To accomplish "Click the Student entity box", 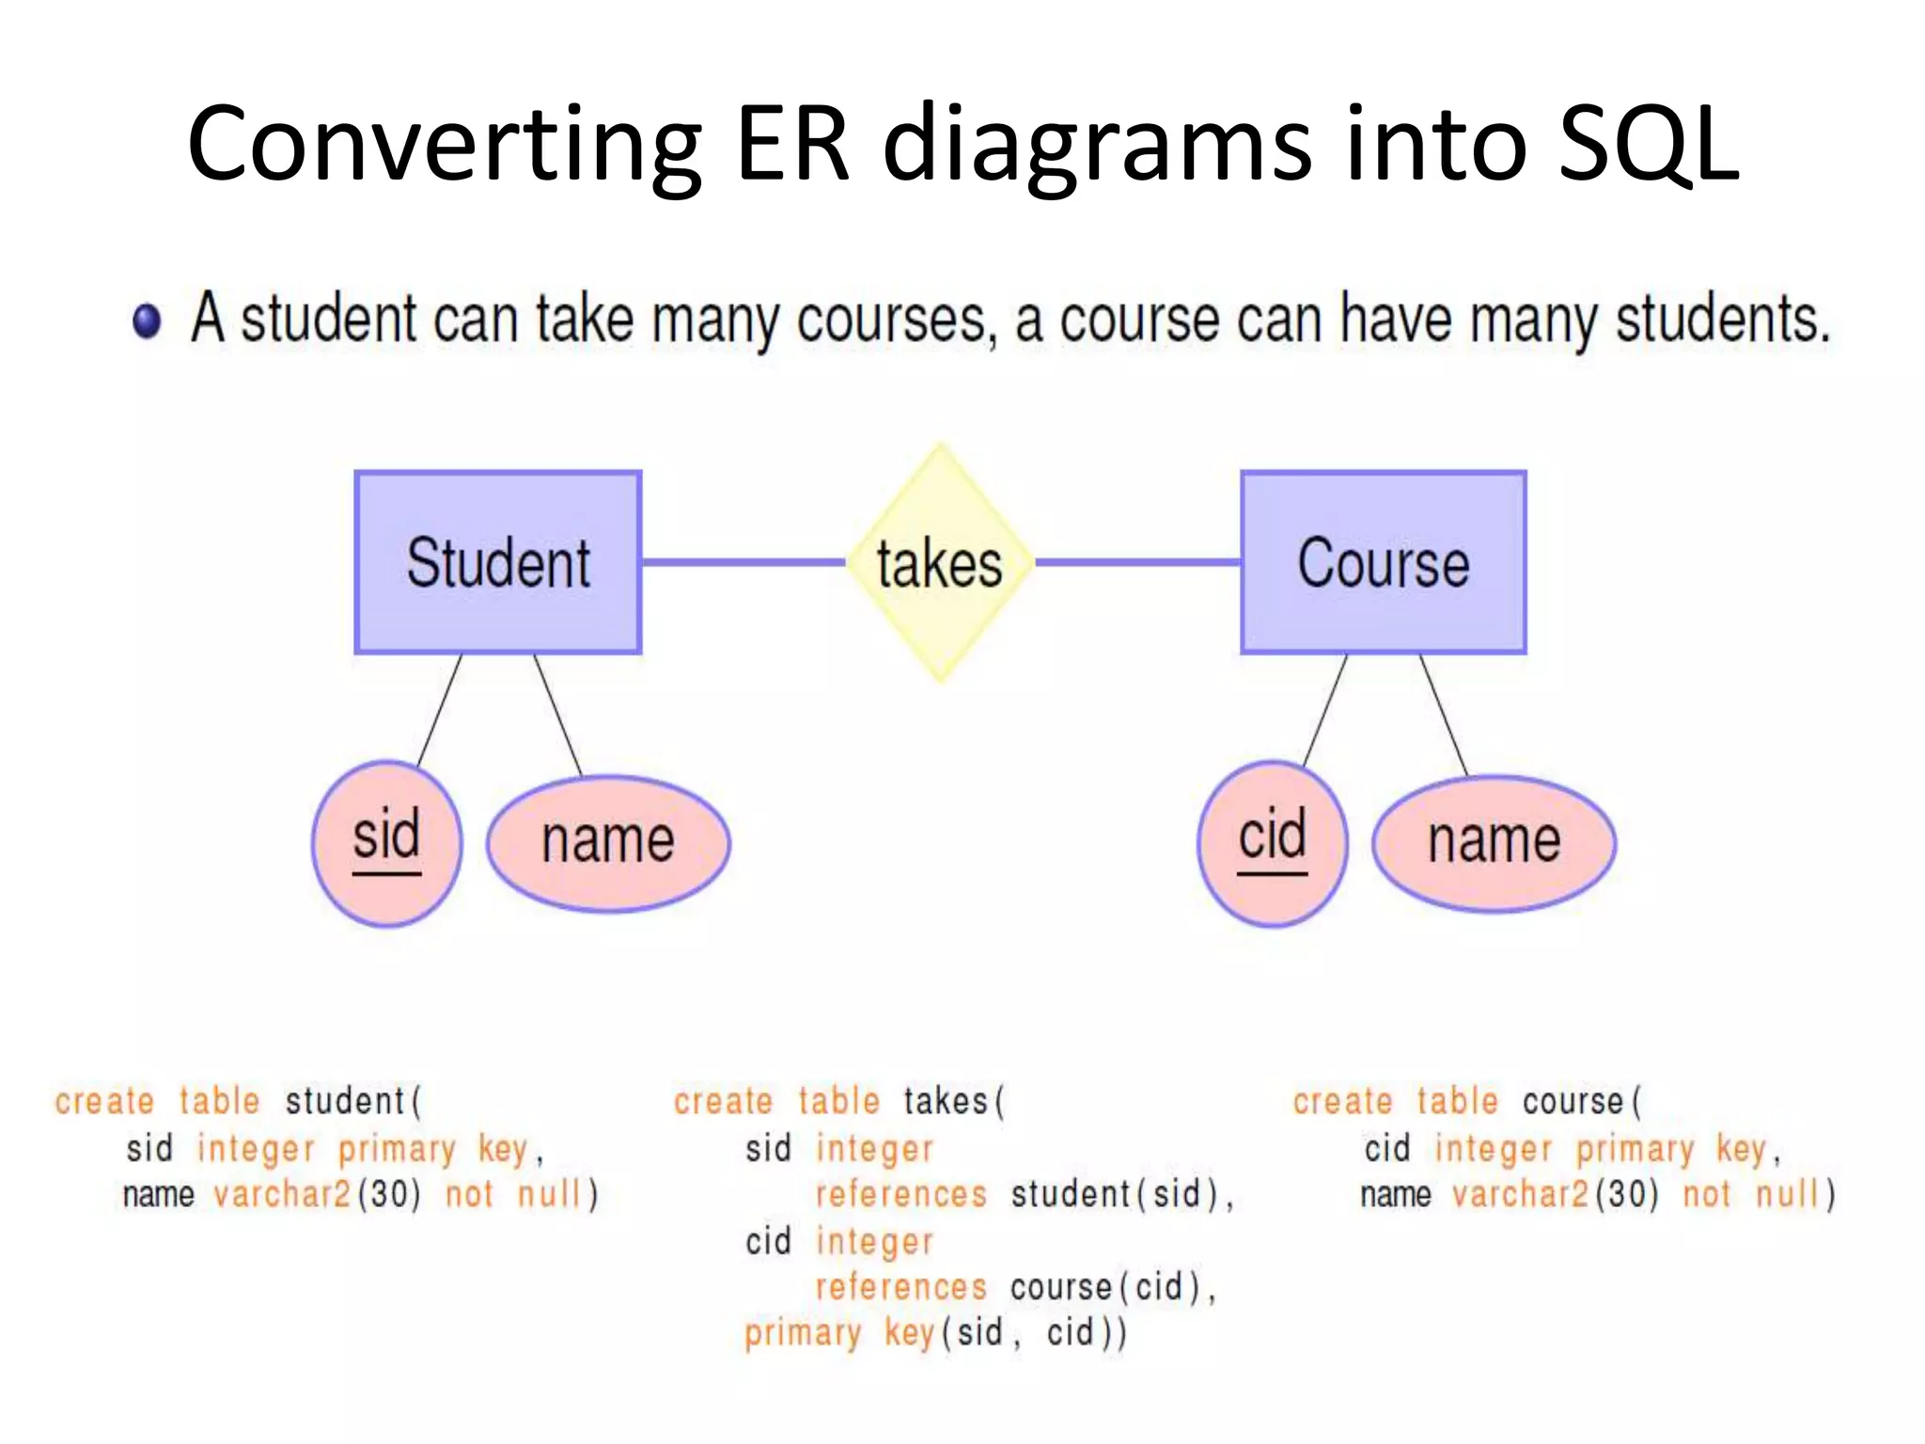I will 498,562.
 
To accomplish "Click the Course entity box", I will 1383,562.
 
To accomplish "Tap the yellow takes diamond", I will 940,562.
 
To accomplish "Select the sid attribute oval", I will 386,843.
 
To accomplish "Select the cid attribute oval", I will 1272,843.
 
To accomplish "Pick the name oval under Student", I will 608,843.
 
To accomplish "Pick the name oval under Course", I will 1494,843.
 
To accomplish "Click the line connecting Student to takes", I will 743,562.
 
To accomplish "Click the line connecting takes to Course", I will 1137,562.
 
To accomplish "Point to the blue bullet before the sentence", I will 147,321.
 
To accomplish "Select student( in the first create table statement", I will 353,1101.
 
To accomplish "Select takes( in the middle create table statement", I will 954,1101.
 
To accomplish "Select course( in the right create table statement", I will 1582,1101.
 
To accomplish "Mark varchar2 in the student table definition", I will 282,1194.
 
